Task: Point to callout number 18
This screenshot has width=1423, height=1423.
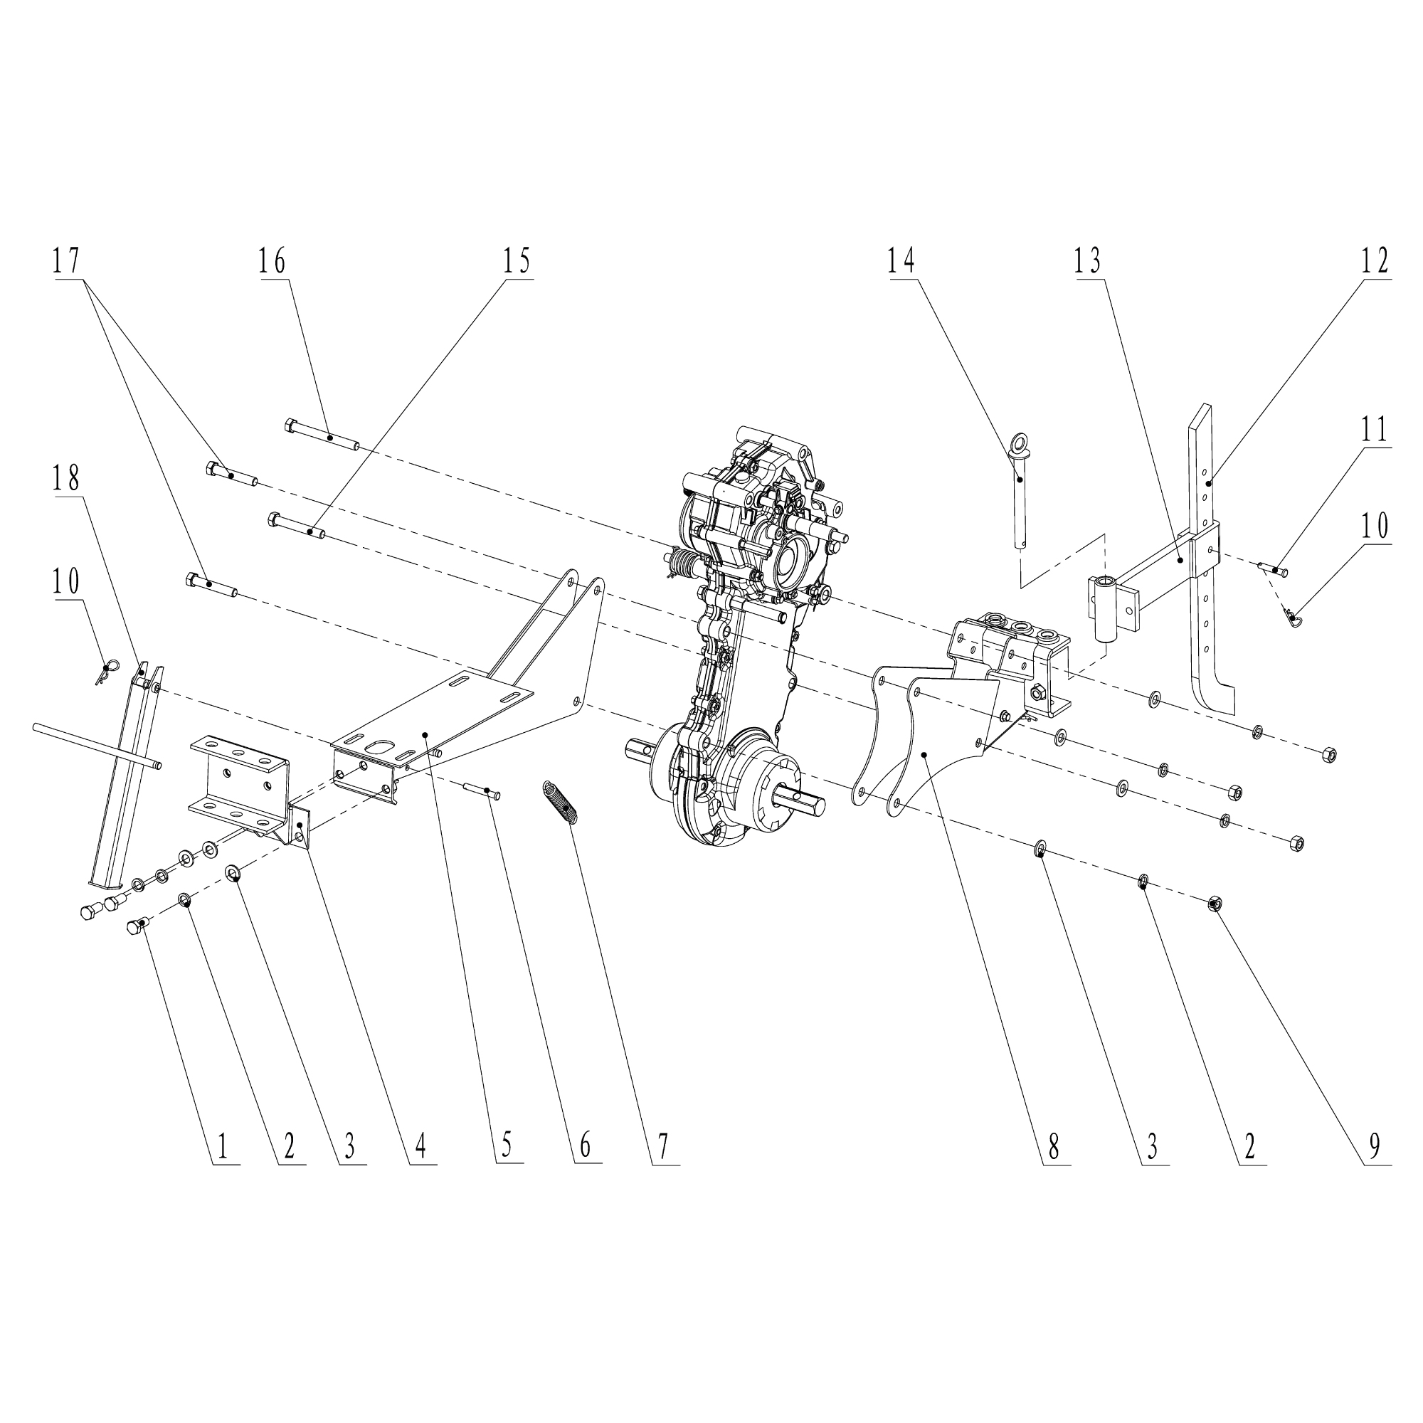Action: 65,480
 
